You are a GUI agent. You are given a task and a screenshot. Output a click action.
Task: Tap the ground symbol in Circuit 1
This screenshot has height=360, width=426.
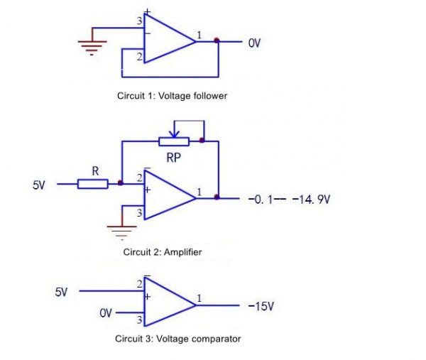92,44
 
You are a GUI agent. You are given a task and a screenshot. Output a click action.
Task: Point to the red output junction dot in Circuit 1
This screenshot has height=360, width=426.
217,40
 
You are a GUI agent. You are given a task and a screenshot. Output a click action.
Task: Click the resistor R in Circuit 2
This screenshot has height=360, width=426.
92,184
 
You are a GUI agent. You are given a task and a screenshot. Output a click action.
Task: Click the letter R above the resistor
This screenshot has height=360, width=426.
94,170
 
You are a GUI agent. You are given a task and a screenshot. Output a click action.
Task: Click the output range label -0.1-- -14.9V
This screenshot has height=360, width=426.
289,200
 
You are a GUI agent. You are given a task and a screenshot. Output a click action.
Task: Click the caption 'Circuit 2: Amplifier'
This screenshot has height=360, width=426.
167,251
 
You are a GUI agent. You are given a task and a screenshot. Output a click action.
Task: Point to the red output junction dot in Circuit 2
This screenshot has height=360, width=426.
217,198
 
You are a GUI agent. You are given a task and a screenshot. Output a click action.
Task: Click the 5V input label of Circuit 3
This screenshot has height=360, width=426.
62,292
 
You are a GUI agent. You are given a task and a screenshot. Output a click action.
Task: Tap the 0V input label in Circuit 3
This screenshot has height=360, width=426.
106,313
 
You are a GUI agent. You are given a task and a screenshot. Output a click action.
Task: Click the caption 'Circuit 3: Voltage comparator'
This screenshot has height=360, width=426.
177,339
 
